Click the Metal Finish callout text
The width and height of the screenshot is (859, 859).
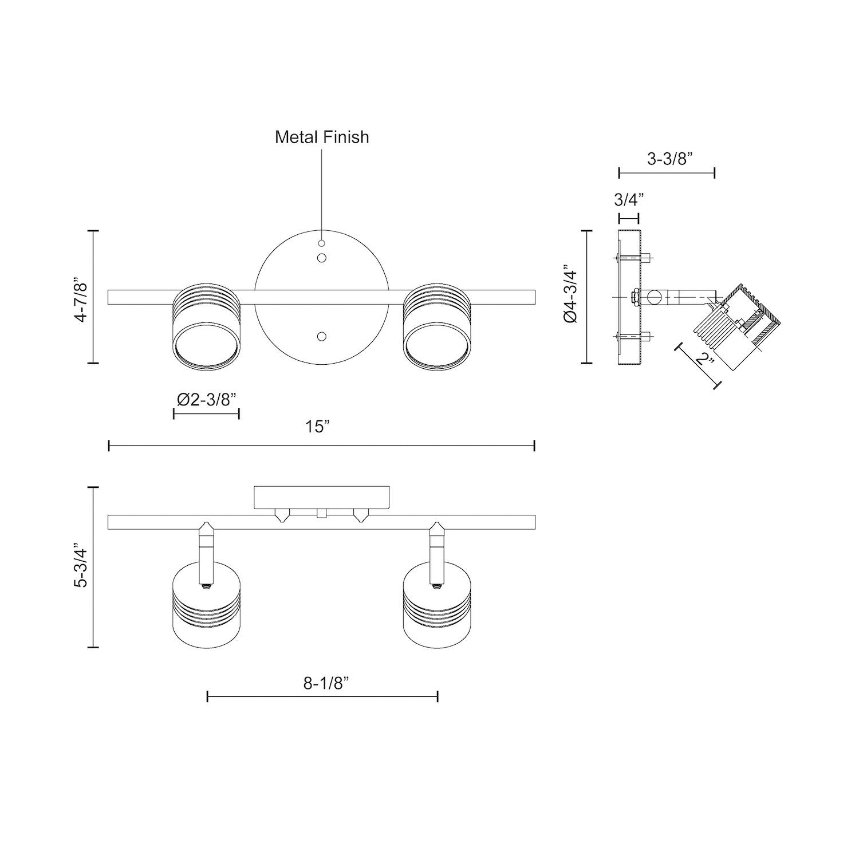(322, 137)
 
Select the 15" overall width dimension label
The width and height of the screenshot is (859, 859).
(318, 427)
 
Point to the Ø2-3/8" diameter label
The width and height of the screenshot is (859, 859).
(207, 399)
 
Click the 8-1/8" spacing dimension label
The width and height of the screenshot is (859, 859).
(326, 683)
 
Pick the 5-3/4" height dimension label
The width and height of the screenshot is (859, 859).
(81, 568)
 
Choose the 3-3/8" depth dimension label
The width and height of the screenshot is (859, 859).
(670, 159)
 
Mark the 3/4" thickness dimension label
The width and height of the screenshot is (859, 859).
(629, 200)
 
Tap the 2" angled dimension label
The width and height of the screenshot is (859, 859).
(704, 360)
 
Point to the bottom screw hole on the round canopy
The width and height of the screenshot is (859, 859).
(322, 336)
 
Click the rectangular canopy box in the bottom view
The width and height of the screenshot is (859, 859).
(322, 497)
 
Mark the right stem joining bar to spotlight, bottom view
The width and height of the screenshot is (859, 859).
(437, 547)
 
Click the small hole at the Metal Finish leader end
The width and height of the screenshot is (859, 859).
(322, 243)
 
